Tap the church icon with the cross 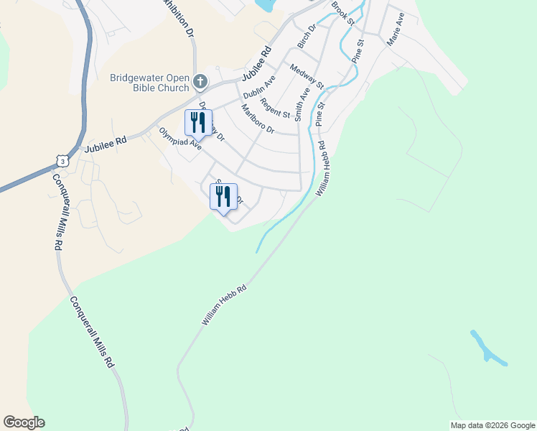[201, 81]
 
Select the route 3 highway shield [64, 159]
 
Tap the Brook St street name [343, 14]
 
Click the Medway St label [307, 77]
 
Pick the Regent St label [274, 108]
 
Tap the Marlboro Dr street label [258, 119]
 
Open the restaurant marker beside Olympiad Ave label [198, 123]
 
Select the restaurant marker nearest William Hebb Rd [223, 197]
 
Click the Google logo [24, 422]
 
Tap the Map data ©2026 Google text [492, 425]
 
